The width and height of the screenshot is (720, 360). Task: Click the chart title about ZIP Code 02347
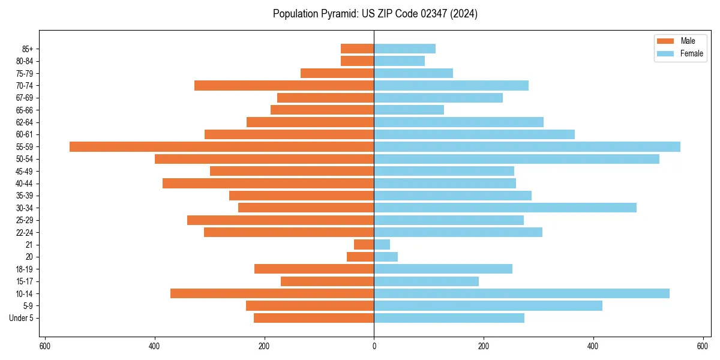(375, 14)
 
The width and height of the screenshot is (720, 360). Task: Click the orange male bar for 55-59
(221, 147)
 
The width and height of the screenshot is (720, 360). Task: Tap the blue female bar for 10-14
(521, 293)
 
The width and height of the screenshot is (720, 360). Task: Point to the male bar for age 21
(364, 245)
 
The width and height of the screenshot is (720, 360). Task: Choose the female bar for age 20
(386, 257)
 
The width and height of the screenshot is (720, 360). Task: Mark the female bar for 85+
(404, 49)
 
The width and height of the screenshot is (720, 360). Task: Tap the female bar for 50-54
(517, 159)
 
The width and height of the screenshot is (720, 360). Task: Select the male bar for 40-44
(268, 184)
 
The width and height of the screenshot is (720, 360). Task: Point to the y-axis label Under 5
(21, 318)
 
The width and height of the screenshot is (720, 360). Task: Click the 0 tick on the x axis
(374, 346)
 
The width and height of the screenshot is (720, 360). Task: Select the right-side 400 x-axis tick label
(593, 346)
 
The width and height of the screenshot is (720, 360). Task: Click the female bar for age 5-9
(488, 306)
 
